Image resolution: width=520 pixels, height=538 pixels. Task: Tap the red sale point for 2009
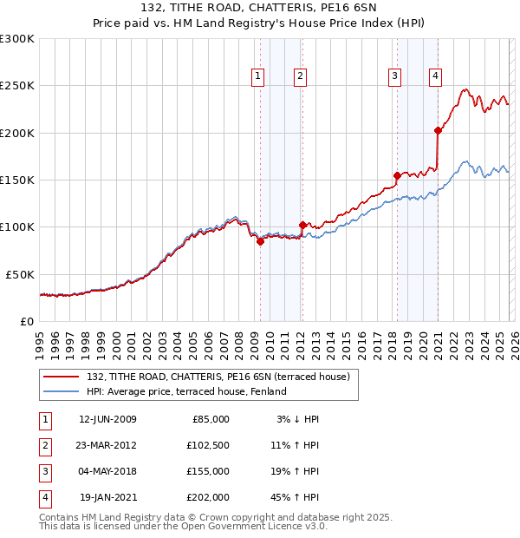click(260, 242)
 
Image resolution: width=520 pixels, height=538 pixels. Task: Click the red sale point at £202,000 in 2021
click(438, 131)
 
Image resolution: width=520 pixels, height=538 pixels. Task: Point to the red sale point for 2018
click(397, 175)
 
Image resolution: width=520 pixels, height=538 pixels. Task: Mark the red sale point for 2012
click(302, 225)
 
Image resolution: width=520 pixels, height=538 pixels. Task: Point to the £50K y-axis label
click(19, 273)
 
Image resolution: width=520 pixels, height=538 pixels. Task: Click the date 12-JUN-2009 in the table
click(107, 418)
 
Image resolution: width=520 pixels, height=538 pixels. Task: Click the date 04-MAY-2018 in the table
click(107, 471)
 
